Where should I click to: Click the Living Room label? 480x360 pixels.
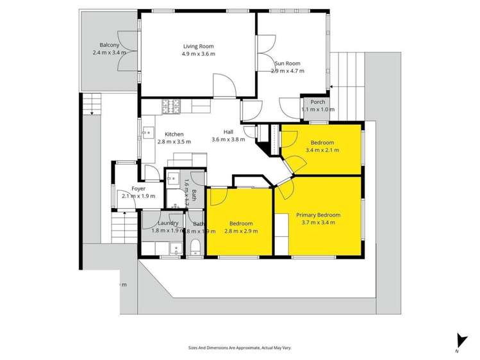pos(199,46)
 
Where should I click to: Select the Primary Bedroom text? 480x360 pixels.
pos(318,215)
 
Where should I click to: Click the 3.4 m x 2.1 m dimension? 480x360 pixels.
pos(323,151)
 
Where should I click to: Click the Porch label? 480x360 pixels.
pos(318,102)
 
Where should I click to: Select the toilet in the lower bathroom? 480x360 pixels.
pos(196,249)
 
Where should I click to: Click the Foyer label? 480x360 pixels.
pos(138,188)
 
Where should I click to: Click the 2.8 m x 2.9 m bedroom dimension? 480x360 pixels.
pos(242,231)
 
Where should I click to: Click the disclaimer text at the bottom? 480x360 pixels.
pos(239,348)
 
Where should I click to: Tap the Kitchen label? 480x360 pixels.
pos(174,134)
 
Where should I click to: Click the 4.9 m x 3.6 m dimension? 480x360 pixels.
pos(199,54)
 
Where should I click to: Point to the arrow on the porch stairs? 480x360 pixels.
pos(332,88)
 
